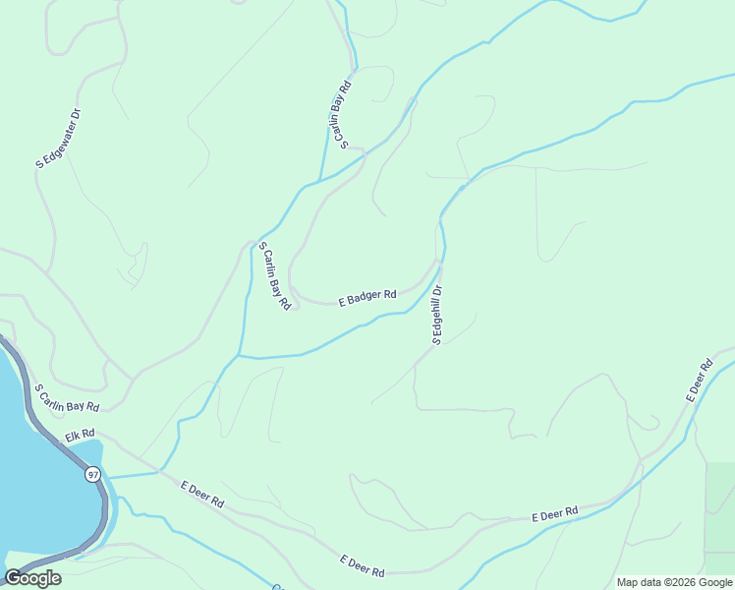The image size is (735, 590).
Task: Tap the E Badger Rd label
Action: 367,295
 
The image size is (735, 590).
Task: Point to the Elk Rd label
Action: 80,434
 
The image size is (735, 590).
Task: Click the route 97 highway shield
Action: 93,475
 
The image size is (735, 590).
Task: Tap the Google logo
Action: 32,578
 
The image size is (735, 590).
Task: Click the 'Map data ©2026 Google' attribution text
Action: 674,582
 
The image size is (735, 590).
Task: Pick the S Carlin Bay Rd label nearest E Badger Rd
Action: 275,280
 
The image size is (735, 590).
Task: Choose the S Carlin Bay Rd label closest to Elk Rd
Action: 67,398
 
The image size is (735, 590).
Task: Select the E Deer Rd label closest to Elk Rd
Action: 202,494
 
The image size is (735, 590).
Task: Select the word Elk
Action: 73,436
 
